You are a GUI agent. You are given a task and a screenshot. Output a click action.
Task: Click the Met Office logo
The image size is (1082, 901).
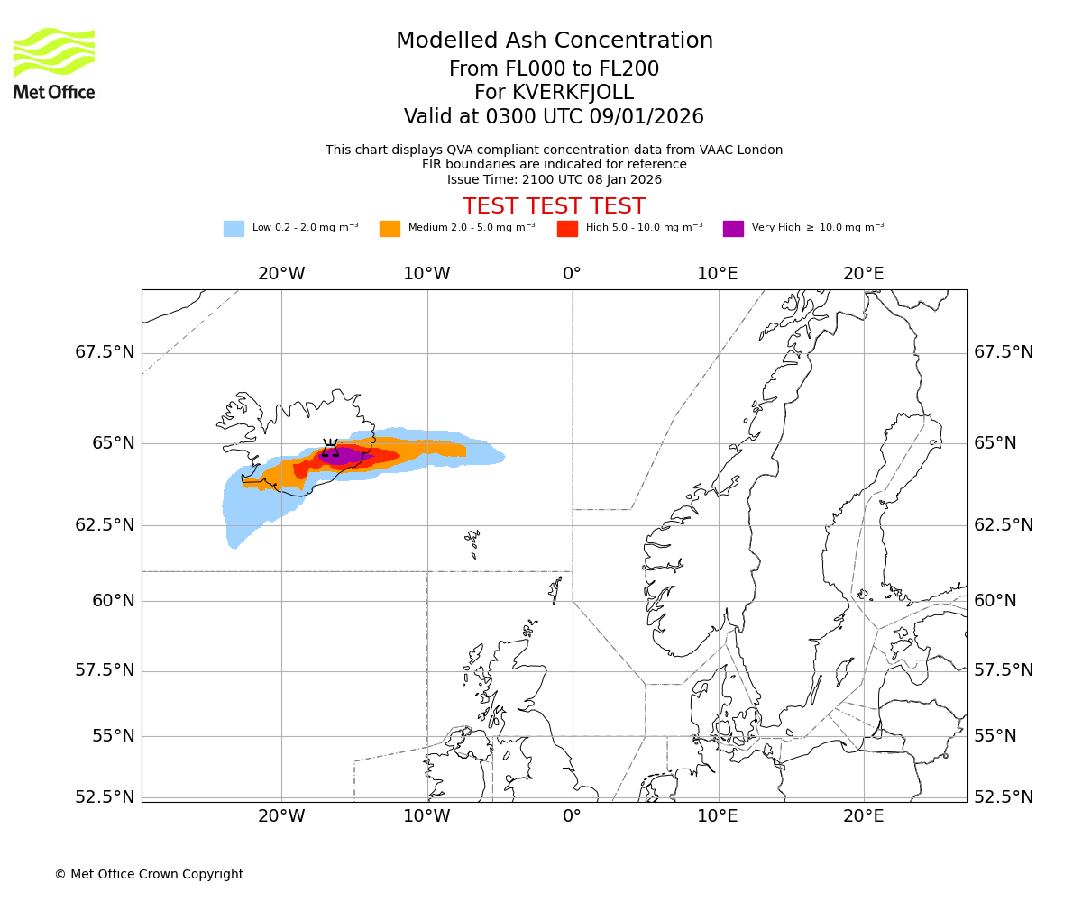(54, 63)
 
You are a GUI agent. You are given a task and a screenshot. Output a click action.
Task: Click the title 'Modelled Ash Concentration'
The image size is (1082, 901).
(555, 41)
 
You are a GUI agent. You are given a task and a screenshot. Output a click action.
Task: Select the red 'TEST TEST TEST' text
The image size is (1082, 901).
(554, 206)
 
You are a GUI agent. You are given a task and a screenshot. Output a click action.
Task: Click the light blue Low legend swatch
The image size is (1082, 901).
(234, 229)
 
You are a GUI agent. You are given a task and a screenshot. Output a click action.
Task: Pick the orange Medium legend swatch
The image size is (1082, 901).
(390, 229)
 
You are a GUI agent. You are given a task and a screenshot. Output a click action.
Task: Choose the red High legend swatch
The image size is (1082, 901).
(567, 229)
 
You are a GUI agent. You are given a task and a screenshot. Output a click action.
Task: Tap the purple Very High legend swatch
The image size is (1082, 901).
(733, 229)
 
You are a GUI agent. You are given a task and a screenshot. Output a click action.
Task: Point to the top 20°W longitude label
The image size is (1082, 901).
(281, 273)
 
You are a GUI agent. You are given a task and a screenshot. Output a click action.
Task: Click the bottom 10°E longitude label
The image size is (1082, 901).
(718, 816)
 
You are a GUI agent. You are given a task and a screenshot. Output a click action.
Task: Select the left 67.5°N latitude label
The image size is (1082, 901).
(105, 352)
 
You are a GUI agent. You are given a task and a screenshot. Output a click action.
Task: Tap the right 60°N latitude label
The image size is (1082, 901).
(995, 601)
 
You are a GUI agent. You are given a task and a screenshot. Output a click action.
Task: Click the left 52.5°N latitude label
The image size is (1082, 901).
(105, 797)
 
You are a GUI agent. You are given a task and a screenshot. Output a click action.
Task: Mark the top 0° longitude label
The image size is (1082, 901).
(572, 273)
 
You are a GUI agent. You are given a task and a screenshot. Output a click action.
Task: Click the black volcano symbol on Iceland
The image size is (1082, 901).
(331, 449)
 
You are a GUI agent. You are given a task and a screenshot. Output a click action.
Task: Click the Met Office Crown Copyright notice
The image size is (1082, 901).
(149, 874)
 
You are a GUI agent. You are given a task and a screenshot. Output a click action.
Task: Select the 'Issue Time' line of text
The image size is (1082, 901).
(554, 179)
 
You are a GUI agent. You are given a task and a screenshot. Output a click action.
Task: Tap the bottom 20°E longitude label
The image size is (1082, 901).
(863, 816)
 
